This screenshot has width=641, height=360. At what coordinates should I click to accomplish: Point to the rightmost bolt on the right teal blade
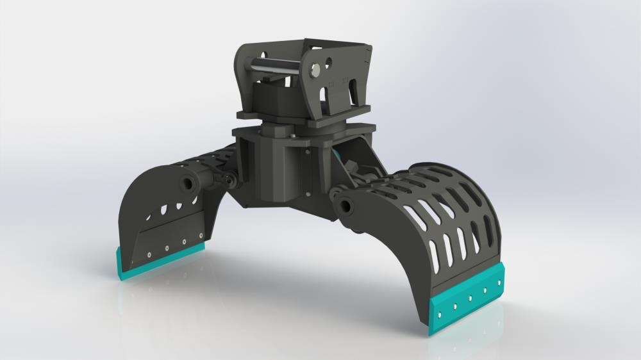[499, 282]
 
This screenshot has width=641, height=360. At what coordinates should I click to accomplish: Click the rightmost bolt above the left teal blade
[201, 236]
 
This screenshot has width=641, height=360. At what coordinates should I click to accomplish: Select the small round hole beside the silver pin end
[328, 63]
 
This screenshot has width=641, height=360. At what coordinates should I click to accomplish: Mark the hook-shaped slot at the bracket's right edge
[352, 90]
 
